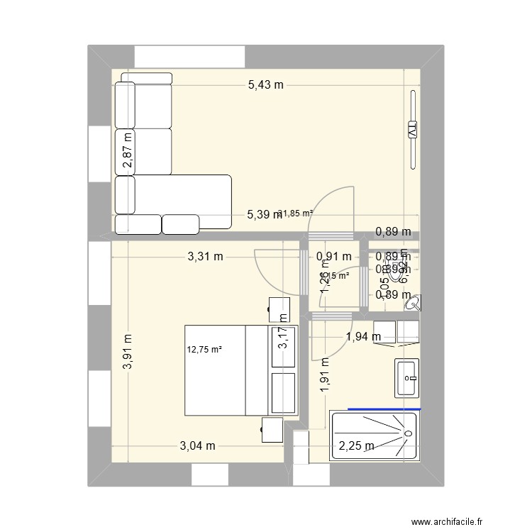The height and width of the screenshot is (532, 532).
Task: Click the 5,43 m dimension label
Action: pyautogui.click(x=265, y=85)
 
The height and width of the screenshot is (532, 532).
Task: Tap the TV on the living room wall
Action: pyautogui.click(x=412, y=130)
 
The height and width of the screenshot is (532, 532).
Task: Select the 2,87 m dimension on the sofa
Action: pyautogui.click(x=127, y=151)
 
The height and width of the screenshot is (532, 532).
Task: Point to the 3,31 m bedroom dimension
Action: pyautogui.click(x=206, y=257)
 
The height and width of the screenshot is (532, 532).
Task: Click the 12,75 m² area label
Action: pyautogui.click(x=204, y=349)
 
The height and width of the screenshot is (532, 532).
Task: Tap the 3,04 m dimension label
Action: pyautogui.click(x=196, y=445)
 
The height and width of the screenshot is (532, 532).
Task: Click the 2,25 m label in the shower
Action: pyautogui.click(x=356, y=445)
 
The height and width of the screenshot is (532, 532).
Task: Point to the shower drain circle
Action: pyautogui.click(x=408, y=433)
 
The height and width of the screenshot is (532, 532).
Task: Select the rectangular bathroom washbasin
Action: pyautogui.click(x=406, y=378)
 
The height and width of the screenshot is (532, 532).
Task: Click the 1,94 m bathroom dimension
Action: pyautogui.click(x=363, y=336)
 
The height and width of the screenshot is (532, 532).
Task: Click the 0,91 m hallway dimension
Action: pyautogui.click(x=334, y=257)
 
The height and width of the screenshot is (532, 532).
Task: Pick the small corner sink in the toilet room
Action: pyautogui.click(x=412, y=304)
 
